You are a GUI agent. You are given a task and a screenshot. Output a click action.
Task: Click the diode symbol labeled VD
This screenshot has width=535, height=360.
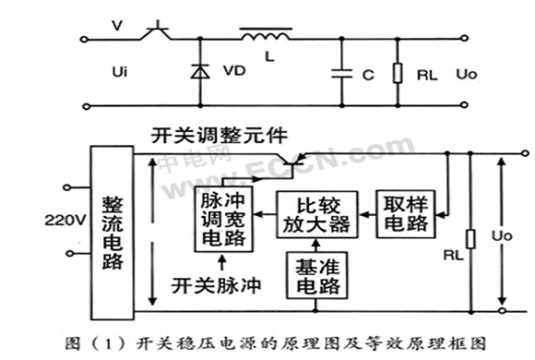200,71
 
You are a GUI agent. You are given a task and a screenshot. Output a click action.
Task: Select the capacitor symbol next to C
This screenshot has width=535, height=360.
341,73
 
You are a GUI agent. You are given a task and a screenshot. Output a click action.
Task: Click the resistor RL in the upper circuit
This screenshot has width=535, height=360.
398,73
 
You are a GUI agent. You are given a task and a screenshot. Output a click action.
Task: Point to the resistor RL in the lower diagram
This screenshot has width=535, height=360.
470,239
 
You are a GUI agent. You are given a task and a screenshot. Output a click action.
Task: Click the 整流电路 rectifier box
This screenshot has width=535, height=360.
112,233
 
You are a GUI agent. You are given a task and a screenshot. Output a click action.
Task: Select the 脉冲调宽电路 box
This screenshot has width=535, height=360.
223,219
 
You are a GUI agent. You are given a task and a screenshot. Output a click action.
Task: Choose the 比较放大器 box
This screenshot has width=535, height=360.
317,214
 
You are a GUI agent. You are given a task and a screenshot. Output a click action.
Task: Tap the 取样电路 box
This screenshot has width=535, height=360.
406,214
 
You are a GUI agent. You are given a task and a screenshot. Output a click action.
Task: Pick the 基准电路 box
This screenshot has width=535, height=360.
317,275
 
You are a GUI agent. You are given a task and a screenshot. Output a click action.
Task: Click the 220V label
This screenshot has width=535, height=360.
65,220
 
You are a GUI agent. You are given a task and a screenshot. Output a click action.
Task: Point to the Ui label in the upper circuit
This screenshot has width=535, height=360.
119,72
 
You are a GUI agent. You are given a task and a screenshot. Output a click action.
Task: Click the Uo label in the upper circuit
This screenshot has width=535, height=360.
467,74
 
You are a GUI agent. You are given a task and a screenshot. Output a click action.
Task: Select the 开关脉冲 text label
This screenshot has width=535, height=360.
216,285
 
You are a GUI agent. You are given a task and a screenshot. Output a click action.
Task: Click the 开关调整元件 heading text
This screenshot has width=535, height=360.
219,136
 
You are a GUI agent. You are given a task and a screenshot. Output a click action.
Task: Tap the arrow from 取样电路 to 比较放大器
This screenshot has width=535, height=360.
367,214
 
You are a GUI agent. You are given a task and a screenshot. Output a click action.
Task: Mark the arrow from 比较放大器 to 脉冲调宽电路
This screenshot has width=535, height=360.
265,214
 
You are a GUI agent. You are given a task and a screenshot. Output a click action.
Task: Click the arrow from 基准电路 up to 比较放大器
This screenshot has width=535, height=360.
316,245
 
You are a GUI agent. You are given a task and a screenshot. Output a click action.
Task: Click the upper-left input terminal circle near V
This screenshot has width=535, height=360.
84,40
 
